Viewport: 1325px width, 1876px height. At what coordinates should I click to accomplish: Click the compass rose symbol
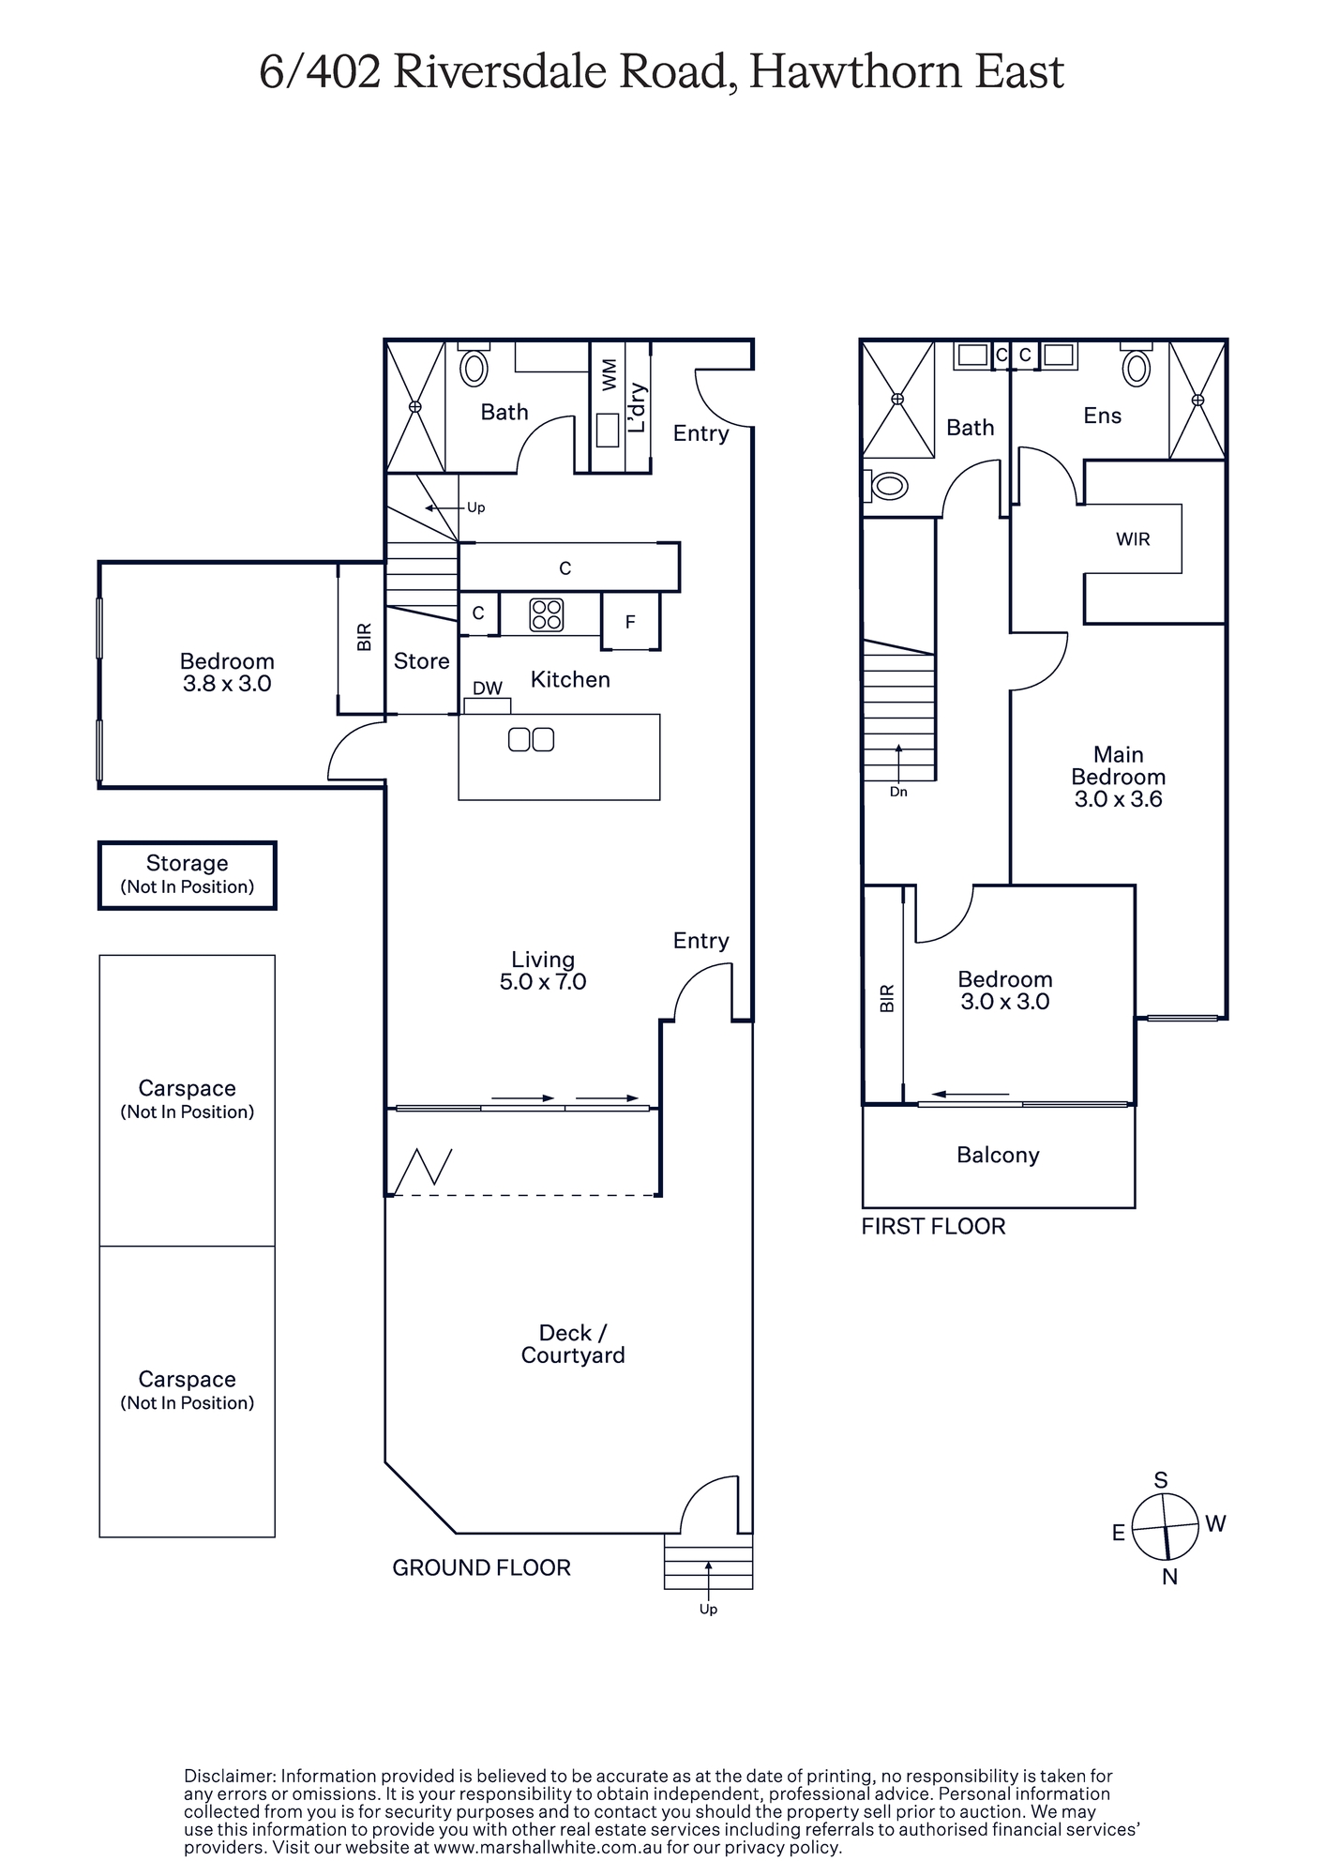coord(1166,1527)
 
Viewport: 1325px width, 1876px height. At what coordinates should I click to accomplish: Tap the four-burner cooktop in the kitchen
coord(547,614)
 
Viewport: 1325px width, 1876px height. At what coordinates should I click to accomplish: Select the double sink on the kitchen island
coord(531,739)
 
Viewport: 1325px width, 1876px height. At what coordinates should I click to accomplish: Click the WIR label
coord(1133,539)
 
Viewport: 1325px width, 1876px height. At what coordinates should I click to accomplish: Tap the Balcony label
coord(998,1155)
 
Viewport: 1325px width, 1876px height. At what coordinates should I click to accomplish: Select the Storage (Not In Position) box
coord(188,875)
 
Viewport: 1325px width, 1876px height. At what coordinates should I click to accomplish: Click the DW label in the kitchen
coord(487,688)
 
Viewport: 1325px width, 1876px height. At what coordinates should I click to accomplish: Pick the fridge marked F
coord(631,621)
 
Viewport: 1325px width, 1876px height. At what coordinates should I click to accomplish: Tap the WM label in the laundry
coord(610,374)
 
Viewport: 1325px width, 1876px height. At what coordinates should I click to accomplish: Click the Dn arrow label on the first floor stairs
coord(898,792)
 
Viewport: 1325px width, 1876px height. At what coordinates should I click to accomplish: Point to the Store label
coord(421,661)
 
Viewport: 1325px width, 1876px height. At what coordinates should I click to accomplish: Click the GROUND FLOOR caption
coord(481,1567)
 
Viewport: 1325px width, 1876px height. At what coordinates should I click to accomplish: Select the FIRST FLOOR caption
coord(933,1226)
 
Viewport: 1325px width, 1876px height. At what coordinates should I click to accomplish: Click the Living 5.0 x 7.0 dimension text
coord(543,971)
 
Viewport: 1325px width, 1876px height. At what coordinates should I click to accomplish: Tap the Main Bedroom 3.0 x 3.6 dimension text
coord(1119,777)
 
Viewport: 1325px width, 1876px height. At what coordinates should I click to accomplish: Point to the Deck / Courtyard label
coord(573,1344)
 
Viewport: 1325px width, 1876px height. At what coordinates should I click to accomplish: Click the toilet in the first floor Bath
coord(885,486)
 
